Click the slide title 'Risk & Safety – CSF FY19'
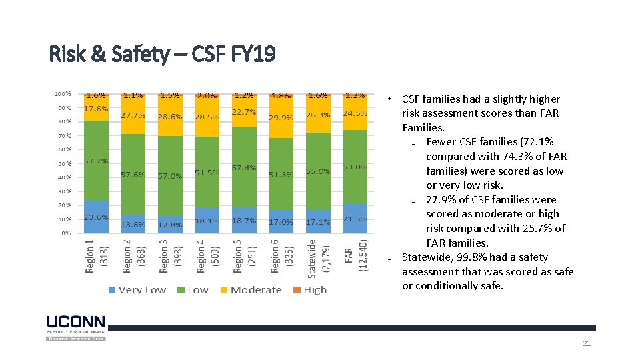coord(162,54)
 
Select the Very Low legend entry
coord(137,290)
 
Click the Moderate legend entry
coord(250,290)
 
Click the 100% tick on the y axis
coord(62,94)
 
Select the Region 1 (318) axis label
coord(95,255)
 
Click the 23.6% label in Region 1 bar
coord(96,217)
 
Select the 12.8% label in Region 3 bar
coord(171,225)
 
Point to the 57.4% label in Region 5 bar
coord(245,167)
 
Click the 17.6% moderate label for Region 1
coord(96,109)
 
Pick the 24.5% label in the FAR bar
coord(355,113)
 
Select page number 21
coord(587,343)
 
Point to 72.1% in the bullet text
coord(537,141)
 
